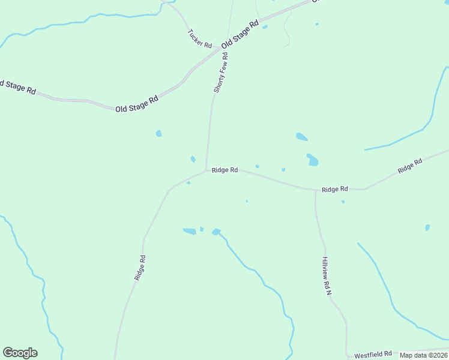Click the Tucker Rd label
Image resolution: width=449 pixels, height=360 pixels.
click(x=199, y=39)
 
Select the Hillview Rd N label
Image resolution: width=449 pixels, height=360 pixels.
click(x=326, y=275)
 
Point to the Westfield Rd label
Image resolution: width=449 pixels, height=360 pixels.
click(x=372, y=354)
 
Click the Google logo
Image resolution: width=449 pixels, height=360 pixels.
click(x=20, y=353)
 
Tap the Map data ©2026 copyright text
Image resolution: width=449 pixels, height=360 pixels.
click(x=424, y=355)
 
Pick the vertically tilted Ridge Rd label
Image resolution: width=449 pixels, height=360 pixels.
click(x=140, y=268)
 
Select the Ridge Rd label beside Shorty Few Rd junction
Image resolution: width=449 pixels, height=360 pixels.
click(x=224, y=170)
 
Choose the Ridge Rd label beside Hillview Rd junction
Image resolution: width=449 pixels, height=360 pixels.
click(x=334, y=189)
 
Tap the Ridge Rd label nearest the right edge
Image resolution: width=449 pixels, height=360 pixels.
click(x=410, y=166)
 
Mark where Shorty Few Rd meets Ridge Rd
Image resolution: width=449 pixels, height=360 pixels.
click(x=206, y=170)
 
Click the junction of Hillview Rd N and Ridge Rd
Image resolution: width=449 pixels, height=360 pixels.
click(x=316, y=191)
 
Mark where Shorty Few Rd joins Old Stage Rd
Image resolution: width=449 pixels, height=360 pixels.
click(x=232, y=49)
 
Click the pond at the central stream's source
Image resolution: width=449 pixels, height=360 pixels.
click(x=216, y=232)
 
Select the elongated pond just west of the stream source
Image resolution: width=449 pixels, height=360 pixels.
click(x=189, y=231)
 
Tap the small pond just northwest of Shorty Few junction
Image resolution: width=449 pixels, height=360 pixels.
click(x=193, y=159)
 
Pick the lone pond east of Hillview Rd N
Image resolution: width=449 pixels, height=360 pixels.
click(x=427, y=227)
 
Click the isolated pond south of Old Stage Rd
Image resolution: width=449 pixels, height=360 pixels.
click(x=158, y=133)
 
